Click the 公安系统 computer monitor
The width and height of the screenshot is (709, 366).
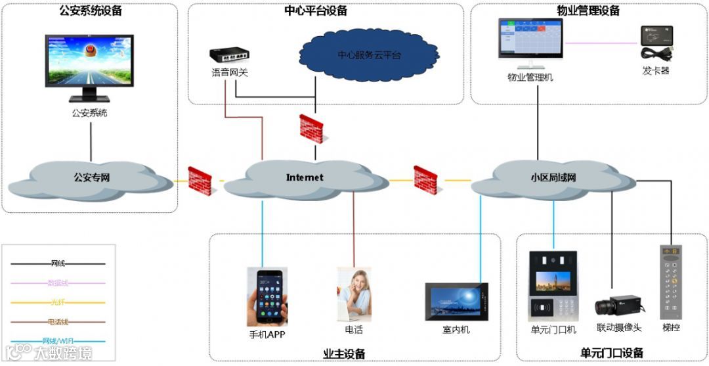click(89, 62)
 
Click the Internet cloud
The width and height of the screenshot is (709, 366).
click(305, 177)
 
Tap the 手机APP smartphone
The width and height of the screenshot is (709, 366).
click(269, 297)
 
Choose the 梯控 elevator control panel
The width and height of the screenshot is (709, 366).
click(671, 279)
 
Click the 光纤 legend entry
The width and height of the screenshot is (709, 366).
click(58, 302)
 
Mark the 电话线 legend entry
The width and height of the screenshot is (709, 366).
click(58, 322)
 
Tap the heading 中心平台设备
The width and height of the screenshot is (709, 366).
click(316, 11)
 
